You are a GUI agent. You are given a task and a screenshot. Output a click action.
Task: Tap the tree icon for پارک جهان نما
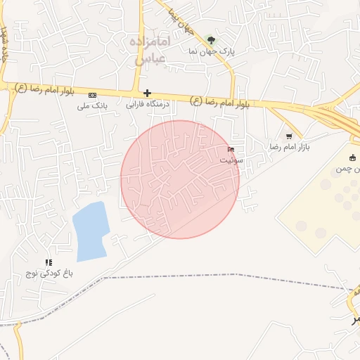point(212,40)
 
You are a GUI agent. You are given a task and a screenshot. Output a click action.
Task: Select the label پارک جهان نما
point(210,51)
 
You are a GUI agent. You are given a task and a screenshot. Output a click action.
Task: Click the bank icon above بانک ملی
point(92,94)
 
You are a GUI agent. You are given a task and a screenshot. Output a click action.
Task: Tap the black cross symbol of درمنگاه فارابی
point(147,93)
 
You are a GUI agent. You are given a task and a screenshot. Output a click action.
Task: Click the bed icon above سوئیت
point(232,149)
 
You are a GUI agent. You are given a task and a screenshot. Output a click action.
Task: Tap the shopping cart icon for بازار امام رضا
point(289,136)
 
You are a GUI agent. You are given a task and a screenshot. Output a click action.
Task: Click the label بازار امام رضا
point(290,147)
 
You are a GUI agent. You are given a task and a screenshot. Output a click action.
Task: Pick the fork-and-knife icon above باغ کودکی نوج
point(49,262)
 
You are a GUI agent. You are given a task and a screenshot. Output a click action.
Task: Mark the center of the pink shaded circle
point(180,179)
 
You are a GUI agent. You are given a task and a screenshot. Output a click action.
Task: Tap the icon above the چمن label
point(353,157)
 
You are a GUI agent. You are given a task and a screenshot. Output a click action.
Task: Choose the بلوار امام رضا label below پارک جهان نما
point(220,102)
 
